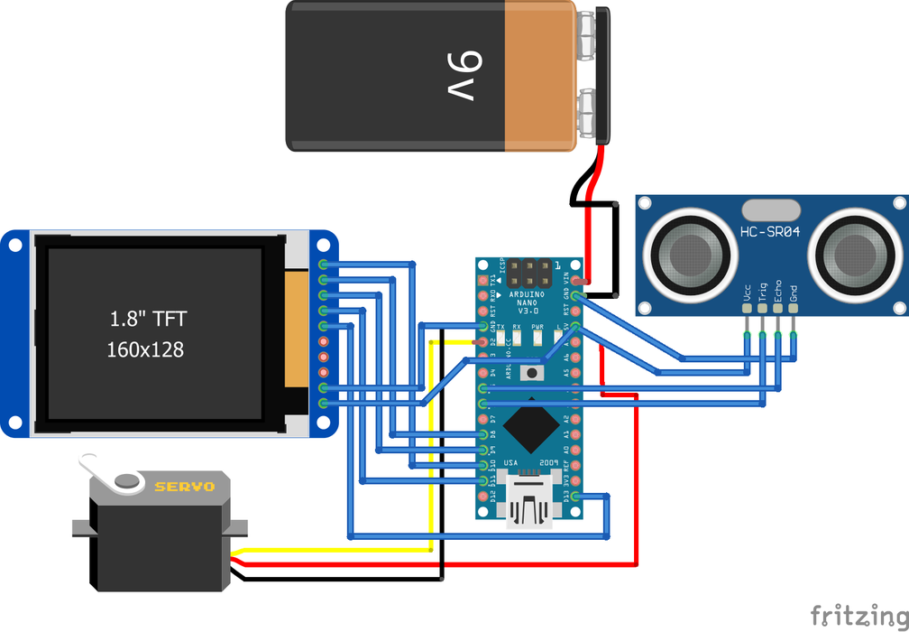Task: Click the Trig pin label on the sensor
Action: click(x=763, y=291)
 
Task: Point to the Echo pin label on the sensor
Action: click(x=778, y=291)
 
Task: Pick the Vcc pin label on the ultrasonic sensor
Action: click(x=748, y=293)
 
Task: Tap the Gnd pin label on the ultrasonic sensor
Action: click(x=794, y=293)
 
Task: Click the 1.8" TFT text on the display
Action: click(x=148, y=319)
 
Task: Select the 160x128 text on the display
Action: click(x=145, y=349)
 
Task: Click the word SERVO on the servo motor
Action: click(x=185, y=487)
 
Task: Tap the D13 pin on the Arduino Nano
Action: click(x=575, y=496)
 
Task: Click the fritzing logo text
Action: click(x=857, y=615)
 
